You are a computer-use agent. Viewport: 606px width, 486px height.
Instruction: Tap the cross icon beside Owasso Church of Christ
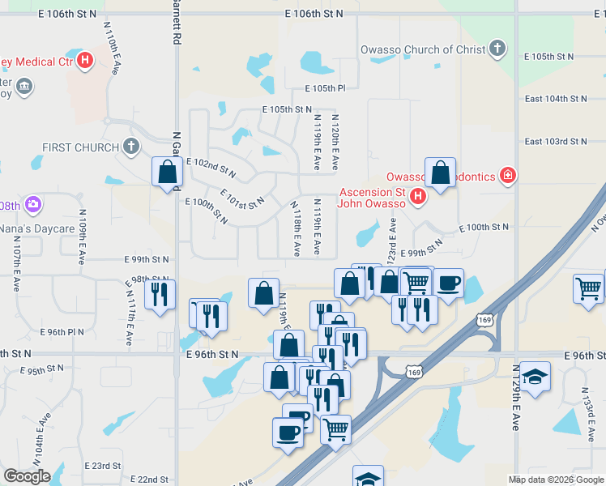point(497,49)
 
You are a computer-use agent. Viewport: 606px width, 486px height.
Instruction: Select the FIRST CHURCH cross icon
point(130,147)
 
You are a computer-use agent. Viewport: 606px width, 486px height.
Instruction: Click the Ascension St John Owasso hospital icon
point(417,195)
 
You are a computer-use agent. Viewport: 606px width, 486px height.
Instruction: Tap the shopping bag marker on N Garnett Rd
point(167,173)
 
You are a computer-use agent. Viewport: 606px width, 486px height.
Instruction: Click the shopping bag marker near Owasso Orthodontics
point(440,173)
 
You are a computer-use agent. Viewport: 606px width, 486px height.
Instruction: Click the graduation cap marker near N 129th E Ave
point(534,377)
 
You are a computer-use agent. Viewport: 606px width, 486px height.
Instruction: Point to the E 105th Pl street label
point(325,88)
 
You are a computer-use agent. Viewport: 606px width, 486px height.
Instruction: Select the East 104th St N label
point(555,98)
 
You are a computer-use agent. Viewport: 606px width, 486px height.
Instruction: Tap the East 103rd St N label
point(555,141)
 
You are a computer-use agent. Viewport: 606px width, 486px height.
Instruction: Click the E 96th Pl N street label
point(62,332)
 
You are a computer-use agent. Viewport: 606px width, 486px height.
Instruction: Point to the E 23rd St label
point(103,466)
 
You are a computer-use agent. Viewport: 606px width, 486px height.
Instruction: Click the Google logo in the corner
point(27,476)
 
